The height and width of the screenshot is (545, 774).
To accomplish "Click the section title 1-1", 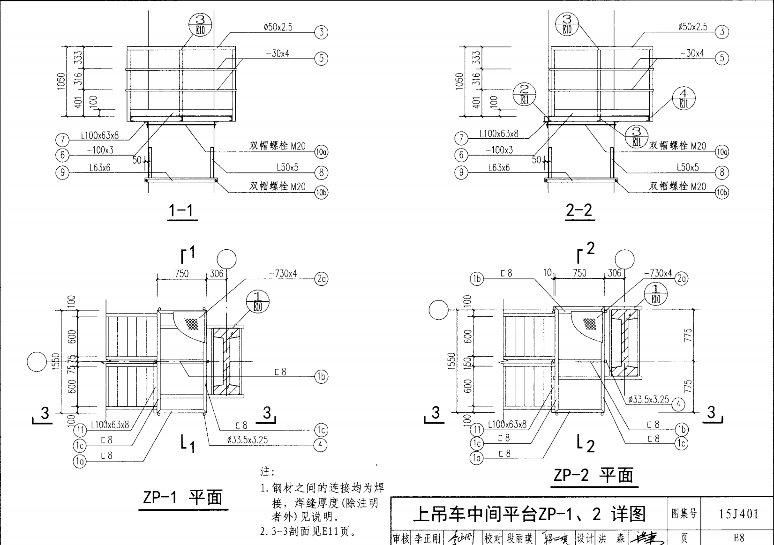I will (181, 210).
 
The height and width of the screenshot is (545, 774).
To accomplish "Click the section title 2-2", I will (579, 210).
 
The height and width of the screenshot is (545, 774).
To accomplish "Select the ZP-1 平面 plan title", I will (183, 497).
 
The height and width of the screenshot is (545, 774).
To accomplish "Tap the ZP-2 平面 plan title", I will (593, 475).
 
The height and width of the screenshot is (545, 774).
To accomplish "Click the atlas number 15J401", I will (738, 514).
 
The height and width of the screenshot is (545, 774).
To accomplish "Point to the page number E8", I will (738, 538).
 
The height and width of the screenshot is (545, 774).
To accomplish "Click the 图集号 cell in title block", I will (684, 514).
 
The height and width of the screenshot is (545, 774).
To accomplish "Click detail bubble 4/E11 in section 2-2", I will (684, 98).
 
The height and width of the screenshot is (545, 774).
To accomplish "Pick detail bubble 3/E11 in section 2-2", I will (636, 136).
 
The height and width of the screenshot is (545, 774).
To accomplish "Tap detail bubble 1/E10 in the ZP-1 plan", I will (257, 301).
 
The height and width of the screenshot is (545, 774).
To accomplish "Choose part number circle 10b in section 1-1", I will (321, 193).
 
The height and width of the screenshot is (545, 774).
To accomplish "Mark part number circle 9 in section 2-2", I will (461, 173).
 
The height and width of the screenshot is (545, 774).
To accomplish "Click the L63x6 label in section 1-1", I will (100, 168).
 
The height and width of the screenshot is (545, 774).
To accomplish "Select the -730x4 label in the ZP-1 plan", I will (283, 274).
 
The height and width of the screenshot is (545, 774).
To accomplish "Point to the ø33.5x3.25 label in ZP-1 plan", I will (247, 440).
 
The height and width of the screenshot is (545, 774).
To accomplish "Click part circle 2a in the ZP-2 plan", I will (681, 279).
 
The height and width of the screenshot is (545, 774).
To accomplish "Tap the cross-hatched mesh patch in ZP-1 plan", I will (191, 323).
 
